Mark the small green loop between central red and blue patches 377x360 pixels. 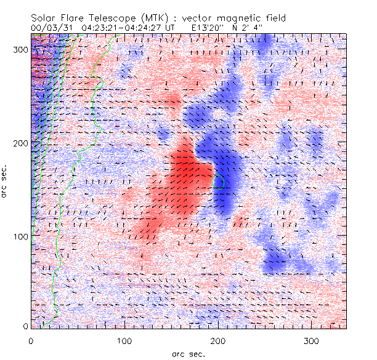point(216,181)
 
